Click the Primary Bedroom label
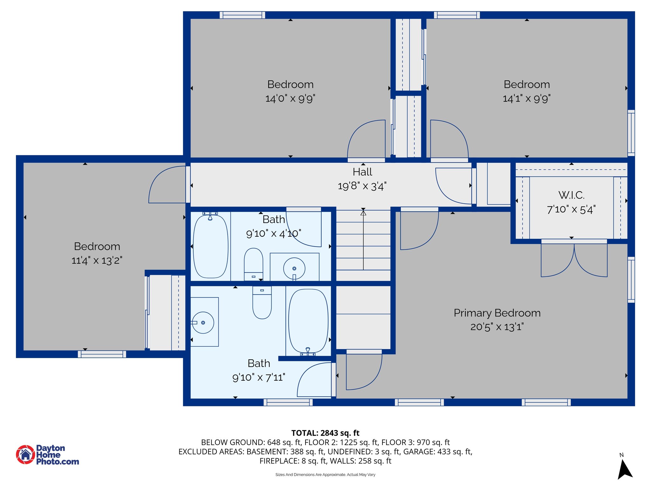(x=497, y=313)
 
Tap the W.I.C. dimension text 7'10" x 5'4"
(x=571, y=209)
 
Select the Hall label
(x=362, y=172)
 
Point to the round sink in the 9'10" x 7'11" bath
(x=203, y=322)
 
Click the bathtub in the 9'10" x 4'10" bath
(x=210, y=246)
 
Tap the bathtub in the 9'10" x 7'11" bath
(x=308, y=322)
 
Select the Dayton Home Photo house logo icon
(x=25, y=454)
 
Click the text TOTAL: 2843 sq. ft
(x=325, y=433)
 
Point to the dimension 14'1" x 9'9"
(x=526, y=98)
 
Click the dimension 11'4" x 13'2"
(x=97, y=261)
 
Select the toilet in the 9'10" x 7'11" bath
(x=262, y=302)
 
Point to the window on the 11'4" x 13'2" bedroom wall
(x=102, y=354)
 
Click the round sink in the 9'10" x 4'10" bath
(x=294, y=269)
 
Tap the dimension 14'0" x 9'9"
(x=290, y=98)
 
